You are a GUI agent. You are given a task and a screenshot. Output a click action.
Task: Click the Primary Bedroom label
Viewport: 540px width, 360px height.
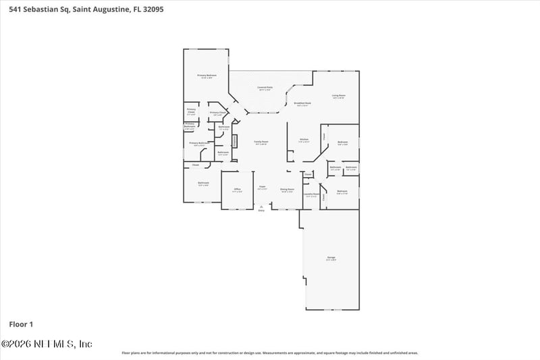pyautogui.click(x=207, y=76)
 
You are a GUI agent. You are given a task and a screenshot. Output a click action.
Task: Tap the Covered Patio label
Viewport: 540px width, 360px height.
pyautogui.click(x=265, y=88)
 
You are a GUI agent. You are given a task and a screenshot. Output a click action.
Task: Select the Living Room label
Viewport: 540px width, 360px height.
pyautogui.click(x=338, y=97)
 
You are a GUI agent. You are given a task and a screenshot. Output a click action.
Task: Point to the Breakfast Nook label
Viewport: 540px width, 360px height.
pyautogui.click(x=302, y=104)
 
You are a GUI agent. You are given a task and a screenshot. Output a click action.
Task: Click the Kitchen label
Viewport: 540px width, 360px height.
pyautogui.click(x=304, y=140)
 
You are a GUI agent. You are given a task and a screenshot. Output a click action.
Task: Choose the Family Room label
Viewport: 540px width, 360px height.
pyautogui.click(x=261, y=143)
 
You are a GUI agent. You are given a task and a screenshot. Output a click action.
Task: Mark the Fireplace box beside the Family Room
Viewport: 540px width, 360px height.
pyautogui.click(x=235, y=141)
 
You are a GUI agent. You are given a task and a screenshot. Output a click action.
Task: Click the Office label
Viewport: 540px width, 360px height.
pyautogui.click(x=237, y=190)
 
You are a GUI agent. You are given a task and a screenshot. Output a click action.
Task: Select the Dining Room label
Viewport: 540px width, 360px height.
pyautogui.click(x=287, y=190)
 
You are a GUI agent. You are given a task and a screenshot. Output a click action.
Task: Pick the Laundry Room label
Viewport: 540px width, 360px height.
pyautogui.click(x=310, y=195)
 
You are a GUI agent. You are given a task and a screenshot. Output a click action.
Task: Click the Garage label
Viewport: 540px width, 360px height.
pyautogui.click(x=331, y=259)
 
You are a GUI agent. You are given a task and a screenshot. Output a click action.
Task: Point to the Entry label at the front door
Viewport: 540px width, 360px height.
pyautogui.click(x=261, y=210)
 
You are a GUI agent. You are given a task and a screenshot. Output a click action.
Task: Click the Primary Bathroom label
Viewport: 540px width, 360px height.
pyautogui.click(x=198, y=144)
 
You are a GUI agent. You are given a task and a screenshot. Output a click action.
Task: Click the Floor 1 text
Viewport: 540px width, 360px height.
pyautogui.click(x=21, y=324)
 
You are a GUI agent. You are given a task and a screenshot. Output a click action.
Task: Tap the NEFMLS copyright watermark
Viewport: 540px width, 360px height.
pyautogui.click(x=47, y=344)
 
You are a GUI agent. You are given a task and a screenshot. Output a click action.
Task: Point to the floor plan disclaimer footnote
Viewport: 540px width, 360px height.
pyautogui.click(x=270, y=353)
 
